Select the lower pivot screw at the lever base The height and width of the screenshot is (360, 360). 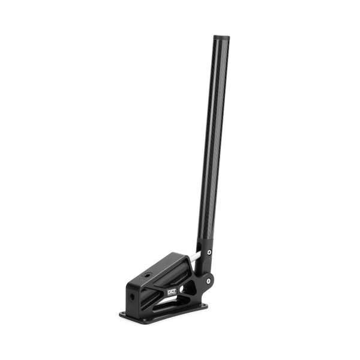(x=208, y=280)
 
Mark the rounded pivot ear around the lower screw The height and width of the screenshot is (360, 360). (x=208, y=280)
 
